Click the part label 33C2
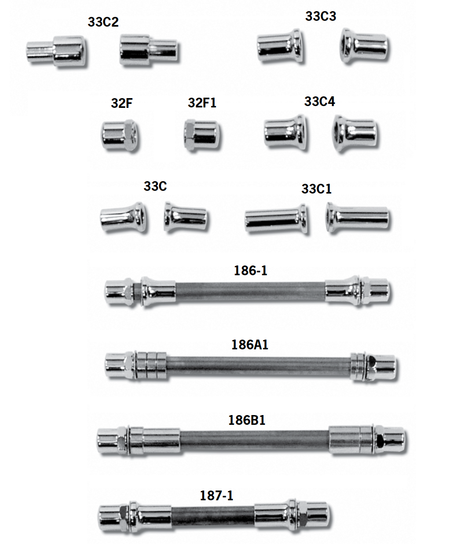coord(103,22)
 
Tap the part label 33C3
coord(320,16)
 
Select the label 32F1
coord(202,103)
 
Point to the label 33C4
coord(319,102)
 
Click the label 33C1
coord(316,189)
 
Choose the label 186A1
coord(250,345)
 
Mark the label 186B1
coord(247,420)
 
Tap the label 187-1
coord(217,495)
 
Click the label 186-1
coord(251,270)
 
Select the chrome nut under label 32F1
coord(202,135)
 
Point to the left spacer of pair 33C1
coord(275,218)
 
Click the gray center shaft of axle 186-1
coord(250,291)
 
